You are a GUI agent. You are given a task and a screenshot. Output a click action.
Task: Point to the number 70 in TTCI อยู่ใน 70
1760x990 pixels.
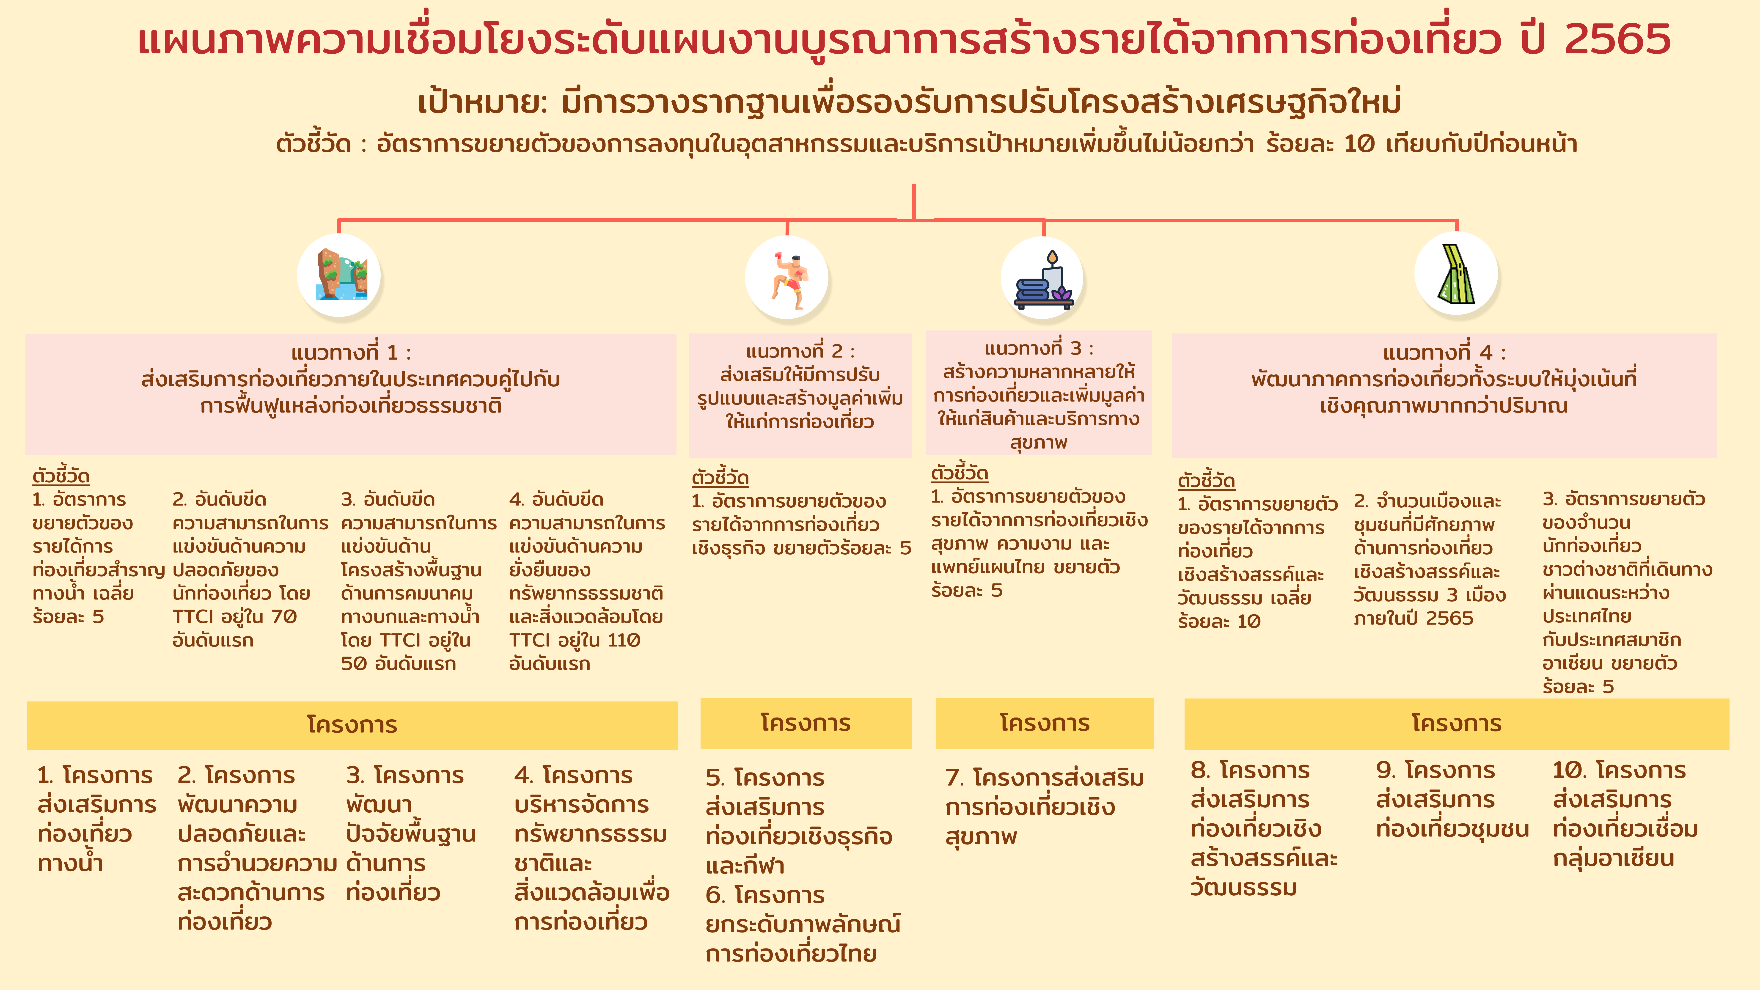284,617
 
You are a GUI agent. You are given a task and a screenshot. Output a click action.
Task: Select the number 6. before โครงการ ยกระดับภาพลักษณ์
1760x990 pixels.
715,895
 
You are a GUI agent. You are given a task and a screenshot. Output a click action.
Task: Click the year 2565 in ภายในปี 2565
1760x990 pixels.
1450,618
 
